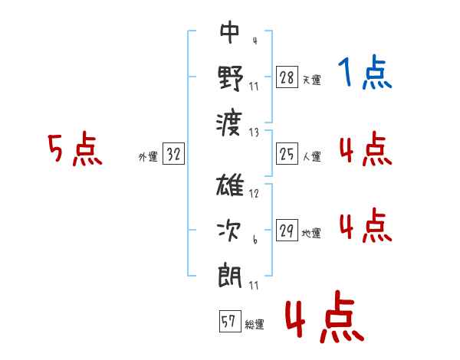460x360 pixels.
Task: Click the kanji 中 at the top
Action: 230,32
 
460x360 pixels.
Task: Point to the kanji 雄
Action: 230,185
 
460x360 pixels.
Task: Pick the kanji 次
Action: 229,231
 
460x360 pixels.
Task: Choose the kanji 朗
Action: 230,277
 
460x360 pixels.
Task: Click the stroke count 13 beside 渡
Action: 254,133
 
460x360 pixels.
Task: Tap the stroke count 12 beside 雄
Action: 254,194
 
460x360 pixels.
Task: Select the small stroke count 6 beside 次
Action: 255,240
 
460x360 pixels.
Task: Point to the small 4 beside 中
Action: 255,41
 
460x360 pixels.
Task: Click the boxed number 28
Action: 287,77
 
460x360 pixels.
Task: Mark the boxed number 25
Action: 287,154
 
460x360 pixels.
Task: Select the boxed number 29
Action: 287,230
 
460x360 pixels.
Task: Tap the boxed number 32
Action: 173,154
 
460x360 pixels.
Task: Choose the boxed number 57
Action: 230,321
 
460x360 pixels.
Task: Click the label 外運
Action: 148,157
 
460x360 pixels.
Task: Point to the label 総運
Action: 255,325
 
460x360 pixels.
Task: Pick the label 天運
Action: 312,80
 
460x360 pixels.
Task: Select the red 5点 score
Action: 75,149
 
